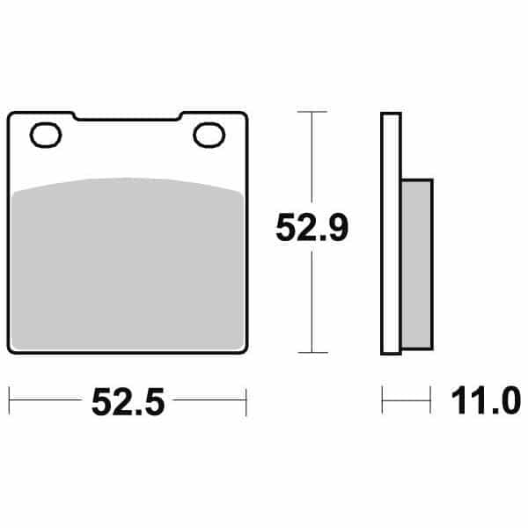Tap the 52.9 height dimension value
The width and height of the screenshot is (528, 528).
pyautogui.click(x=312, y=230)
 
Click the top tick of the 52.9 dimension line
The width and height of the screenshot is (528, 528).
pyautogui.click(x=312, y=113)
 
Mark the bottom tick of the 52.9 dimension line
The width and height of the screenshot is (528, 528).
pyautogui.click(x=312, y=352)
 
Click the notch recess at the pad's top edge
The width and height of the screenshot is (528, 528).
pyautogui.click(x=127, y=118)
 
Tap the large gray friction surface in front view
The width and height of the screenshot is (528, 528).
pyautogui.click(x=127, y=264)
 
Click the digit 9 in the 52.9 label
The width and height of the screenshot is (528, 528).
pyautogui.click(x=338, y=230)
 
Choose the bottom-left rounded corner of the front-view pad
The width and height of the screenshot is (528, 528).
pyautogui.click(x=12, y=348)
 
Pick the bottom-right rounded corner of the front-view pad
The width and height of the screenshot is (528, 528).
pyautogui.click(x=241, y=348)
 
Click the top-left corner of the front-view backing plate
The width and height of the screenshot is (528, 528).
pyautogui.click(x=11, y=115)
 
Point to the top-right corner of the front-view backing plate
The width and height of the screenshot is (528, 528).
pyautogui.click(x=242, y=115)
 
